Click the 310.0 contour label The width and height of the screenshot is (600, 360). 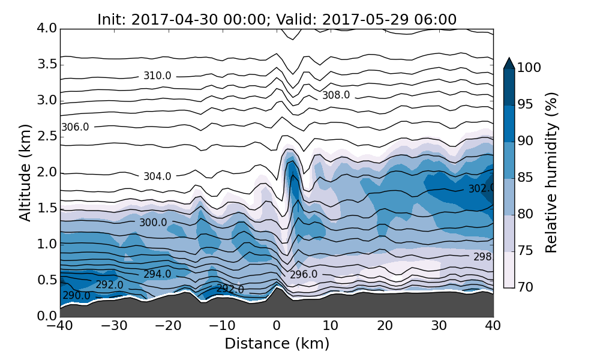click(x=157, y=76)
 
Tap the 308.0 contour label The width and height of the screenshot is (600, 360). click(x=336, y=95)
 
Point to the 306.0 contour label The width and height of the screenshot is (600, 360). click(x=75, y=127)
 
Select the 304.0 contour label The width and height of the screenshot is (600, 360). click(x=157, y=176)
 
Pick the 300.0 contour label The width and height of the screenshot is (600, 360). click(x=153, y=223)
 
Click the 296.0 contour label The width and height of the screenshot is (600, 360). click(x=304, y=275)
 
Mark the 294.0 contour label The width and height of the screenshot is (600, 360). click(x=157, y=274)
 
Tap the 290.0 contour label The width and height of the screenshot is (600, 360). click(x=76, y=296)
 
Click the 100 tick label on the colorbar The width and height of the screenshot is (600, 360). click(x=529, y=68)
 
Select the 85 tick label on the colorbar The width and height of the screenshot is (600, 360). click(x=526, y=178)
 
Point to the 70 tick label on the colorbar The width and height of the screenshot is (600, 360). click(x=526, y=287)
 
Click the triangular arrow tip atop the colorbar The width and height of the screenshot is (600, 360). click(x=509, y=63)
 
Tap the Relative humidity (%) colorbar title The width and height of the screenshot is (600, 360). click(x=552, y=173)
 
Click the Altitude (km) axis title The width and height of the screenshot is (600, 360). click(x=25, y=173)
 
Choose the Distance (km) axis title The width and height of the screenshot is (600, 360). click(x=277, y=344)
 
